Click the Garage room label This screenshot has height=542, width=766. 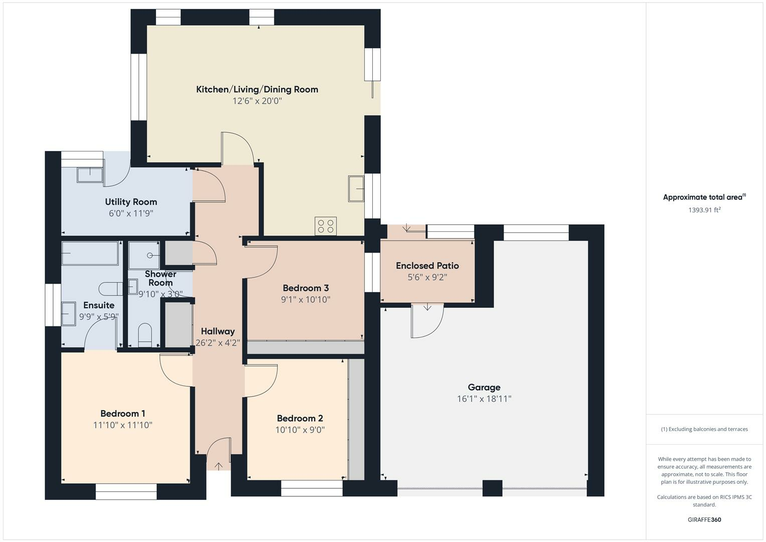tap(484, 387)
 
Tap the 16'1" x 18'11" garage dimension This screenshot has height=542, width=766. tap(484, 399)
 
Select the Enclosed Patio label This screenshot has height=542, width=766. tap(427, 265)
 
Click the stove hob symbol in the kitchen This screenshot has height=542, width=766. tap(326, 226)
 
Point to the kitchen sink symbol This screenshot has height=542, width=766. tap(356, 189)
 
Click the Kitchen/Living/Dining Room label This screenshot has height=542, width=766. tap(257, 89)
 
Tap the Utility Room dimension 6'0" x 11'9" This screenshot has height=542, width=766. tap(131, 213)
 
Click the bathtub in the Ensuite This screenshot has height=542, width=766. tap(90, 253)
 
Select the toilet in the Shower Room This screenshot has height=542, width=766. tap(144, 335)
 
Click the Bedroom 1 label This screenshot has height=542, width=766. tap(122, 414)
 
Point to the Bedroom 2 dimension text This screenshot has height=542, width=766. tap(299, 430)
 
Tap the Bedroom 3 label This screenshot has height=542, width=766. tap(305, 288)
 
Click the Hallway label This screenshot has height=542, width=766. tap(218, 331)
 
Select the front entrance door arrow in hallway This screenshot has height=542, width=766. tap(219, 466)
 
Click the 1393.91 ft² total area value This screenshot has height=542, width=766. tap(704, 210)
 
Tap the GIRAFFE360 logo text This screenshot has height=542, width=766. tap(704, 519)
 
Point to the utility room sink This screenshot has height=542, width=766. tap(90, 175)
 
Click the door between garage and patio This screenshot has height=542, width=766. tap(427, 321)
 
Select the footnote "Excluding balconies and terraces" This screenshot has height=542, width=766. tap(704, 429)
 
